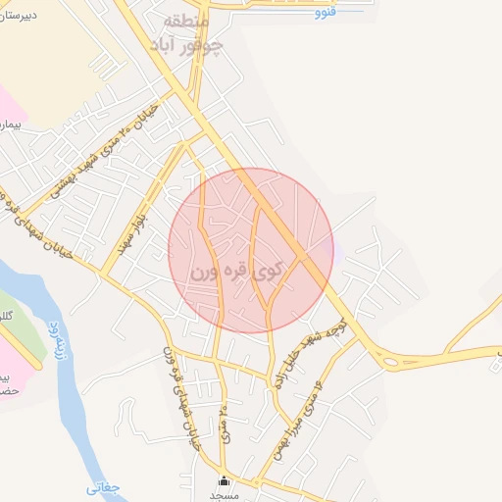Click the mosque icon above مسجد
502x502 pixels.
(225, 481)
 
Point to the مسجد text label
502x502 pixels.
(225, 496)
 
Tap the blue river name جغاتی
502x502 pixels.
(103, 486)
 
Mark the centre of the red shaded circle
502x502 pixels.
(251, 250)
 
